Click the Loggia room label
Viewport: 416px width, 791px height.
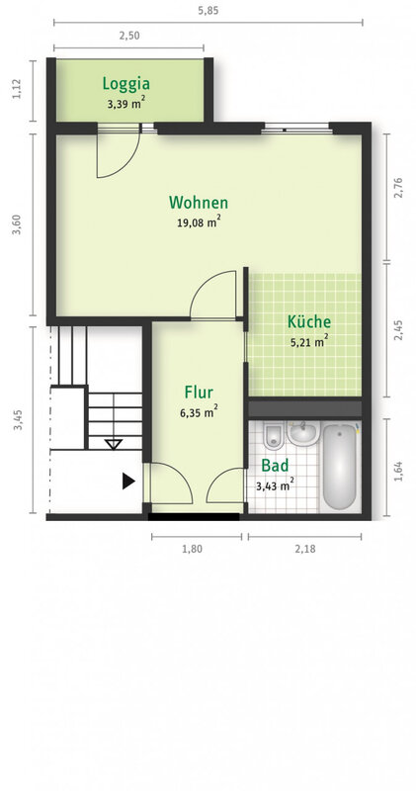tap(126, 84)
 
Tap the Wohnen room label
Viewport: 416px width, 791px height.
tap(199, 203)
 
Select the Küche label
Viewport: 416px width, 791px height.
tap(309, 321)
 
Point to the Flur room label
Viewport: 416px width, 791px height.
tap(199, 392)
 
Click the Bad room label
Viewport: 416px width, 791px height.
tap(275, 465)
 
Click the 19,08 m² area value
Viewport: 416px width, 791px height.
tap(199, 221)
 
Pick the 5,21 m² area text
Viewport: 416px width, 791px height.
tap(309, 341)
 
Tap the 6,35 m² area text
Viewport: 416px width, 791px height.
tap(199, 412)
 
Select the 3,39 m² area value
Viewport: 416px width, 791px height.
tap(126, 104)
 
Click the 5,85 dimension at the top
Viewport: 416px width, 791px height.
tap(208, 11)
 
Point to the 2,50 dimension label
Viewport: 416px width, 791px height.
tap(128, 36)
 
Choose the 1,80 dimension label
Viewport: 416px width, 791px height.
tap(192, 549)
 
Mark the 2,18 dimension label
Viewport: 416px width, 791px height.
tap(305, 549)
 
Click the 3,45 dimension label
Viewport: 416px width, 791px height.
tap(18, 420)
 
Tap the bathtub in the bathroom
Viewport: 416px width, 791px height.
tap(340, 467)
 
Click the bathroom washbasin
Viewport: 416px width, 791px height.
tap(303, 433)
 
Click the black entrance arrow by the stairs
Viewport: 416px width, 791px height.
tap(129, 482)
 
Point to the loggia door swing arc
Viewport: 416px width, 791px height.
tap(125, 160)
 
